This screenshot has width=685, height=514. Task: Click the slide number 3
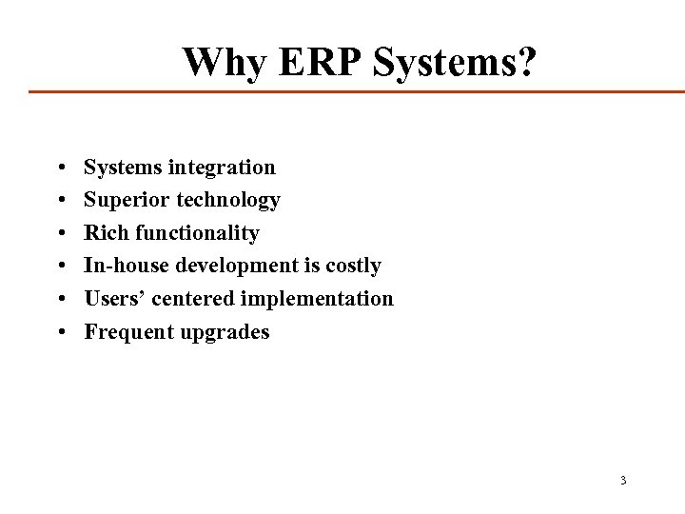(x=623, y=480)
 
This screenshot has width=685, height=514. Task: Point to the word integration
(x=222, y=168)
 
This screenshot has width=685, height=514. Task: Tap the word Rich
(x=107, y=232)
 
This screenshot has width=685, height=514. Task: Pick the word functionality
(x=197, y=233)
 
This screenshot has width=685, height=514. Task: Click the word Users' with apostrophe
(x=115, y=298)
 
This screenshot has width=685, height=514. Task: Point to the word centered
(x=193, y=298)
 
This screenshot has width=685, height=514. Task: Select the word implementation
(x=317, y=299)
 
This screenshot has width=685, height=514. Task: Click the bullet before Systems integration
(x=60, y=168)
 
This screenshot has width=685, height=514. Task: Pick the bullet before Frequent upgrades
(x=60, y=332)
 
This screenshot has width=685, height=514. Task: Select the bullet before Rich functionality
(x=60, y=233)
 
